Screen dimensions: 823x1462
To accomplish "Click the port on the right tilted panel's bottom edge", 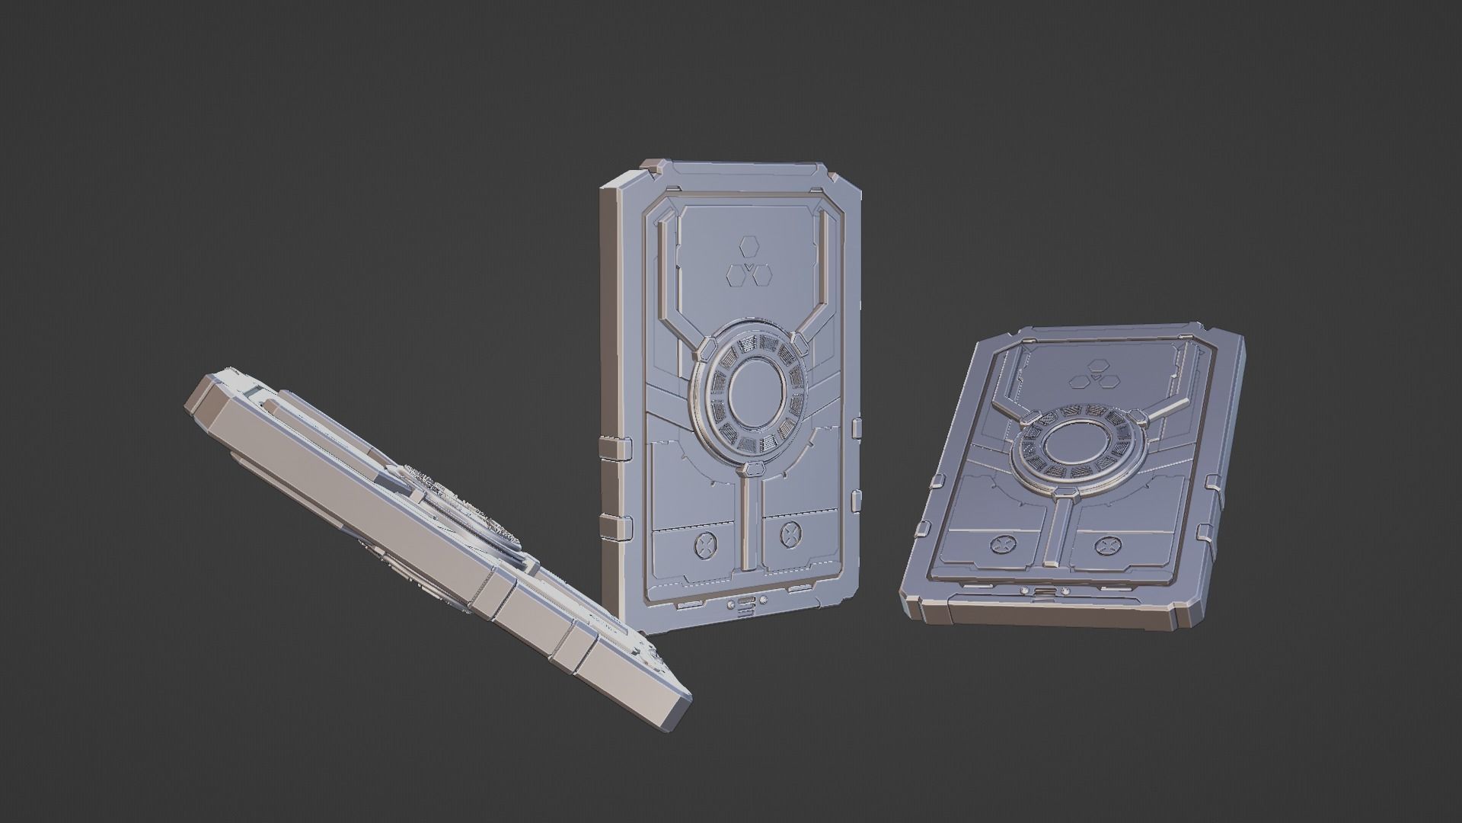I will [1045, 594].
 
